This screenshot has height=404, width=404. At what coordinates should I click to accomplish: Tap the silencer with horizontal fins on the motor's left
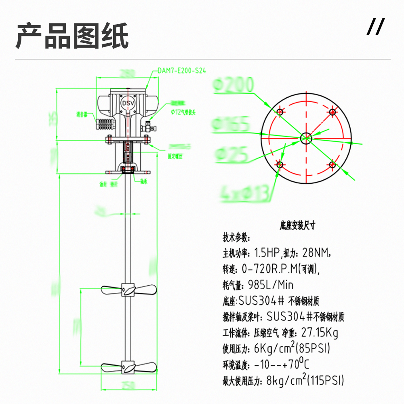(x=103, y=123)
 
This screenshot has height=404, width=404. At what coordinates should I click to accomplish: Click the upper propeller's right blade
(x=145, y=289)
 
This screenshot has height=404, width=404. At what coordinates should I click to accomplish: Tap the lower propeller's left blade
(x=111, y=368)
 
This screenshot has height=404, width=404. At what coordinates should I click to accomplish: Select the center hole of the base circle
(x=306, y=138)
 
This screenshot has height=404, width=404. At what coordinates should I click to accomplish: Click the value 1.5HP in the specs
(x=267, y=253)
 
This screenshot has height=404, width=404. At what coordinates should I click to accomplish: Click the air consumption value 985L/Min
(x=270, y=285)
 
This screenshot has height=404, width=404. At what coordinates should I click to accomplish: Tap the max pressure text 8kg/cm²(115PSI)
(x=305, y=380)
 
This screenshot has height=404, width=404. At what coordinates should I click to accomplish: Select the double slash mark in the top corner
(x=375, y=27)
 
